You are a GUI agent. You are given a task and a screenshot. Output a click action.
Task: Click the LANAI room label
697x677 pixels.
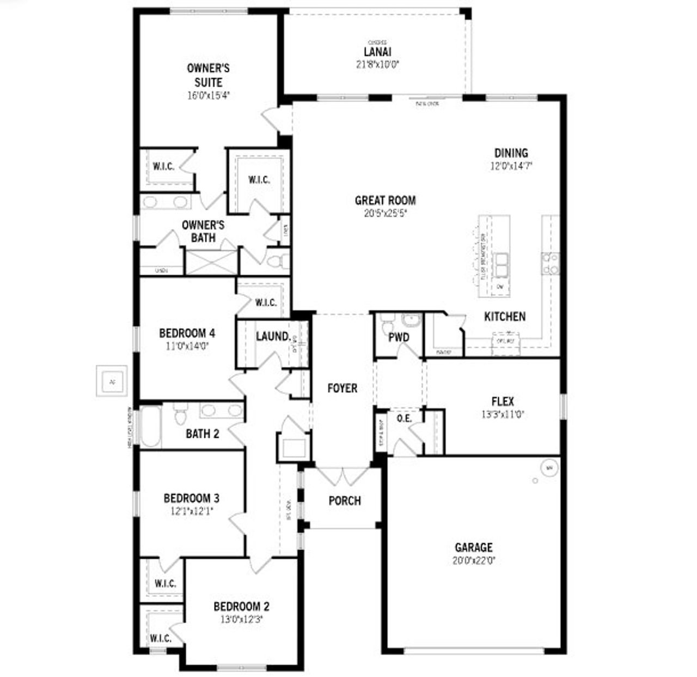coord(377,52)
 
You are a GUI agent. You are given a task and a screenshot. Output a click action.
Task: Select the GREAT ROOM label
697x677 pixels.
coord(385,200)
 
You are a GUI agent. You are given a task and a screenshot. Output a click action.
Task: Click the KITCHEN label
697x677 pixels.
coord(505,316)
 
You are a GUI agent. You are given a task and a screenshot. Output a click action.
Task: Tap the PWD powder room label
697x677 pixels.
coord(399,337)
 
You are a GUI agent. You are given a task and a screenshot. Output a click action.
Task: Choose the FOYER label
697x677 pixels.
coord(342,388)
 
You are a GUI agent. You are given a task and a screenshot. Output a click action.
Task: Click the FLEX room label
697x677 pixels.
coord(502,401)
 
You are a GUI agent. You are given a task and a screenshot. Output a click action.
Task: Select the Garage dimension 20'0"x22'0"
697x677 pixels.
coord(474,560)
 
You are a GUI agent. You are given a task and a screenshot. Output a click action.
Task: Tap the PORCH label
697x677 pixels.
coord(345,500)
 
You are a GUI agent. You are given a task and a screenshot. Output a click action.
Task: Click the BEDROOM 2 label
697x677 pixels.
coord(241,606)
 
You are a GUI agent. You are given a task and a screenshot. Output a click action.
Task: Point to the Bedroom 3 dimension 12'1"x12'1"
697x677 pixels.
coord(192,511)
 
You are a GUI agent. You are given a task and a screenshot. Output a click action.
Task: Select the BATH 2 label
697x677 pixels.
coord(203,434)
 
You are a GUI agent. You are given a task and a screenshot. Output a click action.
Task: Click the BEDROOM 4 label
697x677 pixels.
coord(187,333)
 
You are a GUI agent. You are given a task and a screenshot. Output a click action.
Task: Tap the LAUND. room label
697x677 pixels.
coord(273,336)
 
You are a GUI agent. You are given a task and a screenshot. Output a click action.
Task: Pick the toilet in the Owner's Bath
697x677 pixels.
coord(279,261)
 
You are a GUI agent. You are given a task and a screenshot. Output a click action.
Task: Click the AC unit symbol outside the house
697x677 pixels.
coord(112,381)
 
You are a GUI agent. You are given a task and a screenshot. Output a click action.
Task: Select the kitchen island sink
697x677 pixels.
coord(500,264)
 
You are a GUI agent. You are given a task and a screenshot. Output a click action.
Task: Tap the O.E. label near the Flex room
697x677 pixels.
coord(404,418)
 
